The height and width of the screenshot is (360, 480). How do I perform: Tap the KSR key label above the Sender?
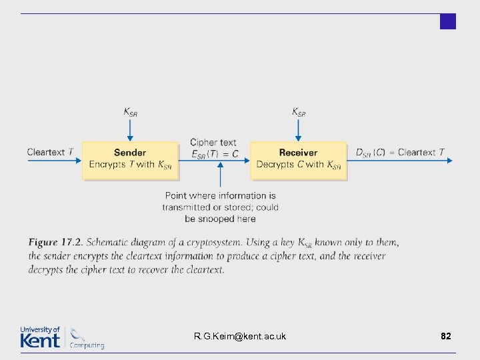[x=131, y=112]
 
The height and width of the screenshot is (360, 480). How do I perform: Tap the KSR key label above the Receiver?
[x=299, y=112]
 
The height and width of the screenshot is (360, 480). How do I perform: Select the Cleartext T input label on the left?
[x=51, y=152]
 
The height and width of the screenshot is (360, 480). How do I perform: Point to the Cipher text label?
[x=213, y=142]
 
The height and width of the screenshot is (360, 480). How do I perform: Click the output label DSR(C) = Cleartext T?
[x=400, y=153]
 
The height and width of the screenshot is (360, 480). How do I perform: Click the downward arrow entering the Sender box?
[x=131, y=130]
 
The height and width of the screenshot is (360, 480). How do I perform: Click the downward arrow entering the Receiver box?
[x=299, y=130]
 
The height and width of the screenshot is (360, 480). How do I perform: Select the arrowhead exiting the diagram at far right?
[x=449, y=160]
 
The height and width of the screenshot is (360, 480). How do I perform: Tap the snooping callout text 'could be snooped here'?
[x=220, y=213]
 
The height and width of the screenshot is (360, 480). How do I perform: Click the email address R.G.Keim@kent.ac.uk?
[x=240, y=336]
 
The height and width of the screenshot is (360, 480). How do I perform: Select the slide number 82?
[x=446, y=336]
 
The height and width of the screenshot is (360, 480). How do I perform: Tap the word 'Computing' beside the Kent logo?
[x=87, y=345]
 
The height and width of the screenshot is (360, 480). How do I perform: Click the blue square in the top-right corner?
[x=448, y=21]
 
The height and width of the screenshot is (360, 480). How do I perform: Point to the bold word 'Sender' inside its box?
[x=130, y=153]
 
